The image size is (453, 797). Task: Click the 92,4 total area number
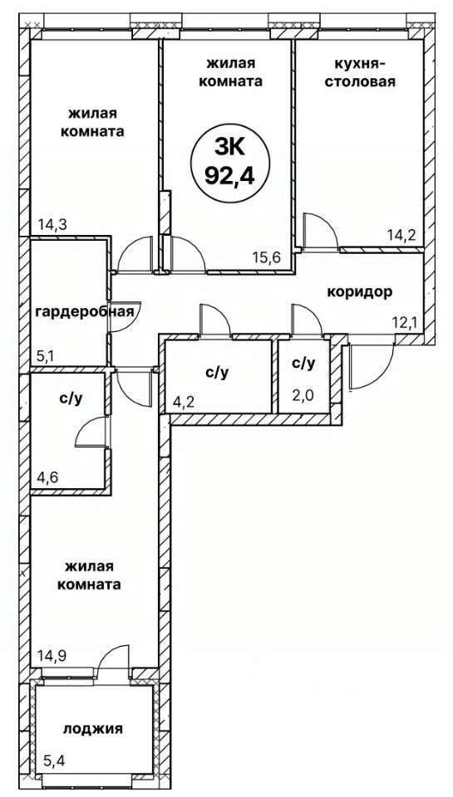point(229,175)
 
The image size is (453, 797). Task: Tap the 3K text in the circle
point(229,149)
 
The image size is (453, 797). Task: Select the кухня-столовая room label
point(360,72)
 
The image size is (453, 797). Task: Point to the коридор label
point(359,293)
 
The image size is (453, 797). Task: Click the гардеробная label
point(85,310)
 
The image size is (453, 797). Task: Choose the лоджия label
point(92,729)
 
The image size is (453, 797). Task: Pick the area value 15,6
point(267,257)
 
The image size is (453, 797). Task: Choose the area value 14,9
point(52,653)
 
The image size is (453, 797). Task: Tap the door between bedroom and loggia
point(112,656)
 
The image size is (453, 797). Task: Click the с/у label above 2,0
point(304,363)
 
